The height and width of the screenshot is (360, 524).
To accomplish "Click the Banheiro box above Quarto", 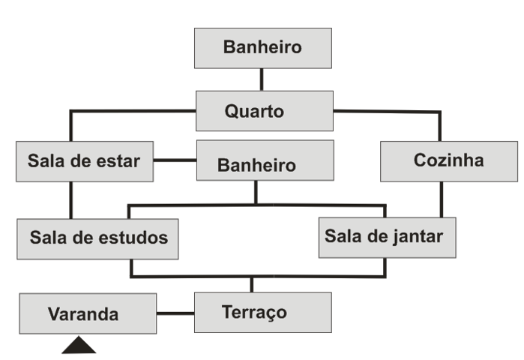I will [x=262, y=48].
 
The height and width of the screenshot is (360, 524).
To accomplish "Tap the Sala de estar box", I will [x=84, y=160].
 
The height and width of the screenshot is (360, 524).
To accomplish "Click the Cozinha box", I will [x=448, y=160].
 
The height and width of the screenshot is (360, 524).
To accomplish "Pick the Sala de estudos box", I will [x=97, y=238].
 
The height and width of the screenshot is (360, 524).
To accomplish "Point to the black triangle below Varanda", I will [x=78, y=346].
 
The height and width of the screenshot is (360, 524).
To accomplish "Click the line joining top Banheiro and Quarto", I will [x=262, y=79].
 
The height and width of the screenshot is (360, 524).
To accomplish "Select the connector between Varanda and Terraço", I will [x=175, y=313].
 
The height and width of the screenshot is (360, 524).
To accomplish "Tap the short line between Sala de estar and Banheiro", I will [x=175, y=160].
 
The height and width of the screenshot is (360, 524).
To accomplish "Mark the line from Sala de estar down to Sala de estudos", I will [x=72, y=199].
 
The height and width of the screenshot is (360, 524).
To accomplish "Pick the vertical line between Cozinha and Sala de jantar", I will [x=440, y=199].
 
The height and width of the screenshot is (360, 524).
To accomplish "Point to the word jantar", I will [x=417, y=236].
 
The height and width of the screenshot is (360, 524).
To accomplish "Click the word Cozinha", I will [x=448, y=160].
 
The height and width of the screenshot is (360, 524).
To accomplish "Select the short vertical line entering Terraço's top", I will [x=251, y=284].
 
